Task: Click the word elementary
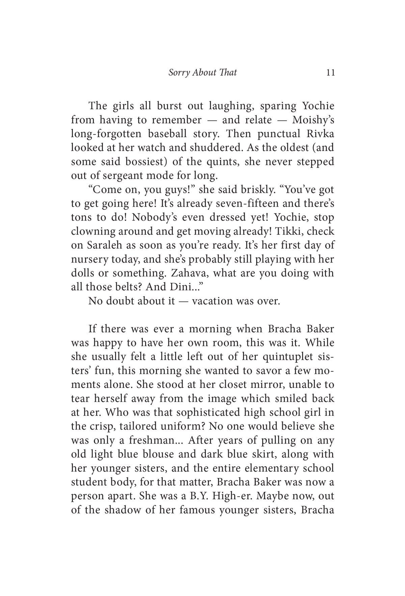coord(268,468)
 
